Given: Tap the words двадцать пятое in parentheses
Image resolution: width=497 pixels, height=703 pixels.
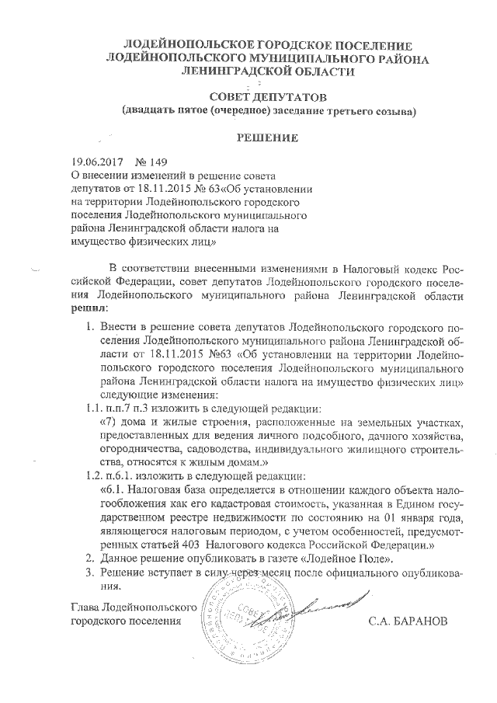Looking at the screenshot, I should (163, 111).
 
